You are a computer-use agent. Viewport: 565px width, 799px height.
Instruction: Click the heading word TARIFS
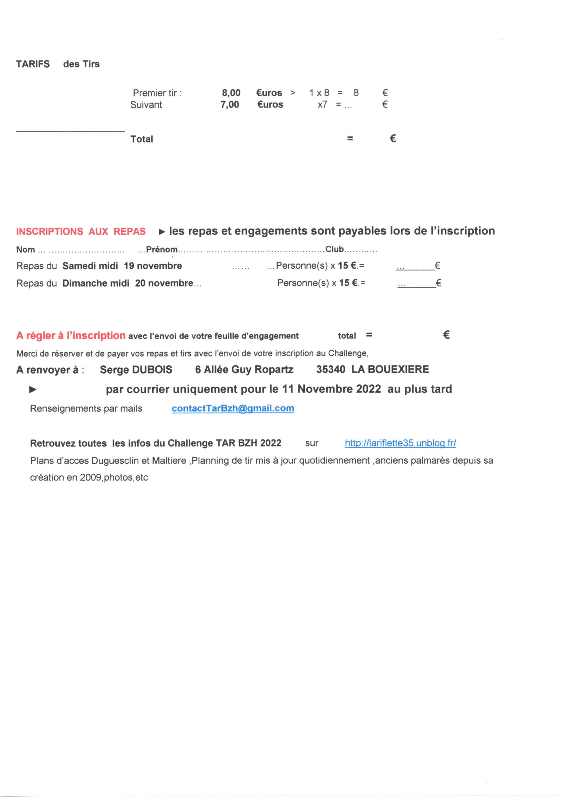click(33, 64)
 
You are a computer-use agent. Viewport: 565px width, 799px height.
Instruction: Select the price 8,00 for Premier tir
click(231, 93)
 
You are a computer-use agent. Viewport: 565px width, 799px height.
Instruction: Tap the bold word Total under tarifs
click(142, 139)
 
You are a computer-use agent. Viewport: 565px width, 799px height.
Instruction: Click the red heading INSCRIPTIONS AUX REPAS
click(81, 232)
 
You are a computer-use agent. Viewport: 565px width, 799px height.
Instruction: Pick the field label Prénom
click(162, 249)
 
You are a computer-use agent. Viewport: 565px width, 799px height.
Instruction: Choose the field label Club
click(334, 249)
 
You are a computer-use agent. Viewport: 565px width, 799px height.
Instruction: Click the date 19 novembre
click(153, 266)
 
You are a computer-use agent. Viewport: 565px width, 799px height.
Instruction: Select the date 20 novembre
click(164, 283)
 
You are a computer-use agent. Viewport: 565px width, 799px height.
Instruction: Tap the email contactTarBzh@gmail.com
click(233, 408)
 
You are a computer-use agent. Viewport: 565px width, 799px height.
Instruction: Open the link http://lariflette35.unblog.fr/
click(400, 443)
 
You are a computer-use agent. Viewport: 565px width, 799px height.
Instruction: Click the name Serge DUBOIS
click(136, 369)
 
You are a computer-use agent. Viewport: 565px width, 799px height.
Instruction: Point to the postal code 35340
click(331, 369)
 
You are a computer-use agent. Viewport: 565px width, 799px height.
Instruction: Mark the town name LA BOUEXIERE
click(390, 369)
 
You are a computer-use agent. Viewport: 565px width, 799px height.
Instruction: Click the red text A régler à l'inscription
click(71, 336)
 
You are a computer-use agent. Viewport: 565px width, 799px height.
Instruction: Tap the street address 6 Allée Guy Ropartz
click(244, 369)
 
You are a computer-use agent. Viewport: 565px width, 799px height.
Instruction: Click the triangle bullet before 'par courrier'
click(33, 390)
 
